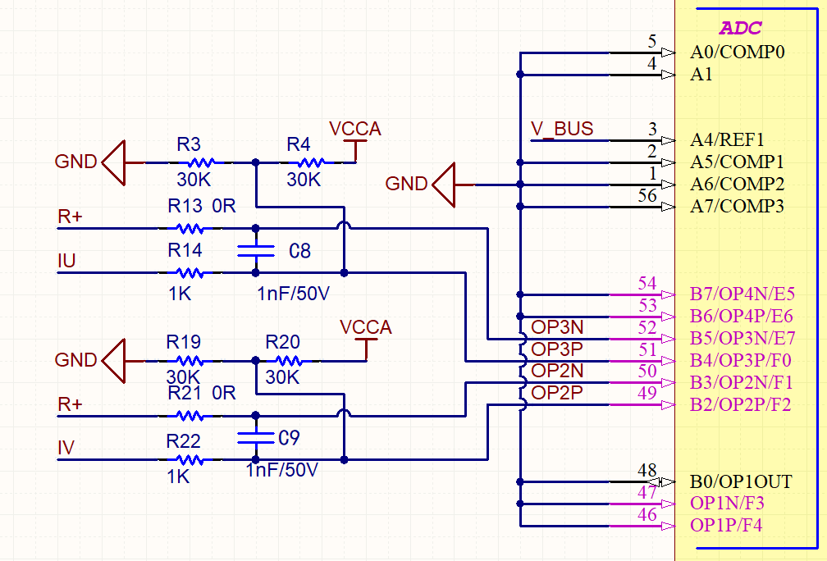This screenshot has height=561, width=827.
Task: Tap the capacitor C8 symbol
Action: click(255, 250)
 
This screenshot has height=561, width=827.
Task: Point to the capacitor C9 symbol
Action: click(255, 437)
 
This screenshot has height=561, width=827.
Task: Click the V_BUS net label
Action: click(562, 129)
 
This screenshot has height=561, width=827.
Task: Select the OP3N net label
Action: click(557, 326)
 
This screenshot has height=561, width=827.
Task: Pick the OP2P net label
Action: click(557, 393)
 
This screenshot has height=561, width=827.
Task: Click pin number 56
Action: click(647, 195)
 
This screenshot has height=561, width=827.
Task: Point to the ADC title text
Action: click(740, 29)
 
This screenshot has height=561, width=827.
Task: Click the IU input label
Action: click(66, 261)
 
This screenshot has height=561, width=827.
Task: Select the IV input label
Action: click(66, 448)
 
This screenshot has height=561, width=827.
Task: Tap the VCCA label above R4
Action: click(355, 129)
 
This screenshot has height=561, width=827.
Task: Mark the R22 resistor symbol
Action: click(190, 459)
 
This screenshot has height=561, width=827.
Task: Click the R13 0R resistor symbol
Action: click(190, 229)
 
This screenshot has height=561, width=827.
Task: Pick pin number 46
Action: click(647, 515)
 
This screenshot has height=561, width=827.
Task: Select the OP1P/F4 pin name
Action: click(727, 526)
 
